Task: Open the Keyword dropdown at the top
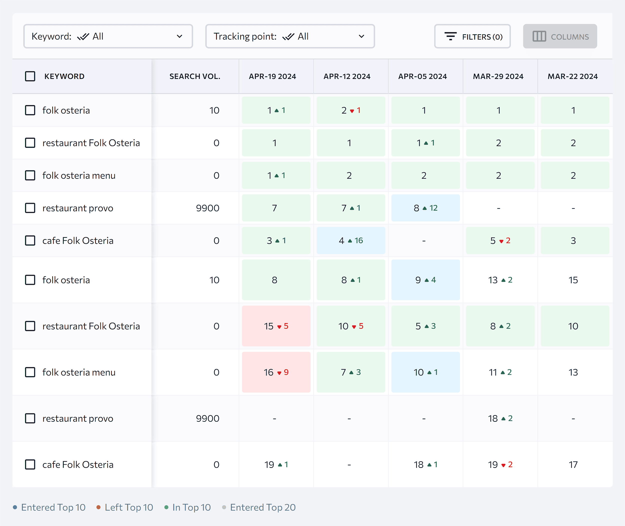[x=108, y=36]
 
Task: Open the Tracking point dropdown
[x=290, y=36]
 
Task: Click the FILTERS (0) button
[x=472, y=36]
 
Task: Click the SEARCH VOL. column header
[x=195, y=76]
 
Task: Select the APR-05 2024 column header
[x=422, y=76]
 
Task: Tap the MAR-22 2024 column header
[x=572, y=76]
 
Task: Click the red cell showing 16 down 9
[x=276, y=372]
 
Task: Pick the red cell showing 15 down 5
[x=276, y=326]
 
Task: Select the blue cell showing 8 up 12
[x=425, y=208]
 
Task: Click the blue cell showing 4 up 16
[x=350, y=240]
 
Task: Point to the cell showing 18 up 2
[x=500, y=418]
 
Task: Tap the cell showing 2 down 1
[x=350, y=110]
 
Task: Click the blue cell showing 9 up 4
[x=425, y=280]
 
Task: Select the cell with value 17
[x=573, y=465]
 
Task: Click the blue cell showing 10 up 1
[x=425, y=372]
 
